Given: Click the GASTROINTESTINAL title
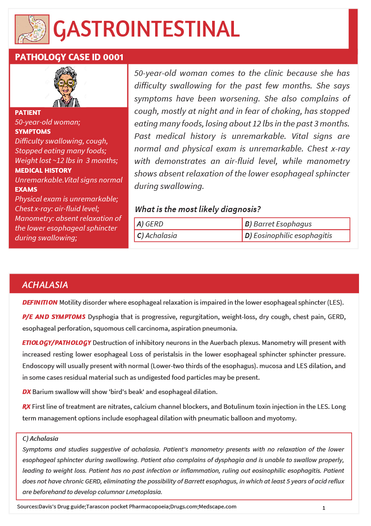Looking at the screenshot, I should click(146, 29).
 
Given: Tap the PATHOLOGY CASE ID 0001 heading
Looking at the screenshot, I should click(69, 57).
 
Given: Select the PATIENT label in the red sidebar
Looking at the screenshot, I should click(28, 113).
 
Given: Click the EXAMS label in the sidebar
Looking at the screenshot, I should click(26, 189).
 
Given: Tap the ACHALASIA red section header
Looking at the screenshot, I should click(45, 285).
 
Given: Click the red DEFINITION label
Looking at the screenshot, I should click(40, 302).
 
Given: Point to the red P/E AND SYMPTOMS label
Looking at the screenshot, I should click(54, 317).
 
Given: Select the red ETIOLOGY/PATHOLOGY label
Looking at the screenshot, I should click(57, 343).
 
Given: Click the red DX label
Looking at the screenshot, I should click(26, 392).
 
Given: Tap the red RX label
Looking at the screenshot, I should click(26, 407).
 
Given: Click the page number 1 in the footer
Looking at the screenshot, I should click(324, 508).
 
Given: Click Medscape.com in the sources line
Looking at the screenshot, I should click(218, 507).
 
